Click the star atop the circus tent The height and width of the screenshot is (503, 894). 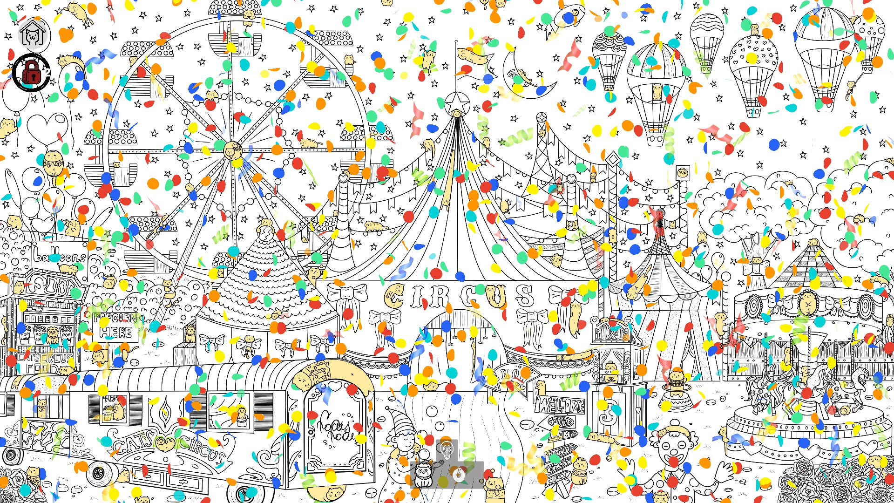click(x=456, y=102)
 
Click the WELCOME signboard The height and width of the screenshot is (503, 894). click(x=561, y=405)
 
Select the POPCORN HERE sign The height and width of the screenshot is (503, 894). click(x=116, y=326)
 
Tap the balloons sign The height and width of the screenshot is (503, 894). click(x=60, y=256)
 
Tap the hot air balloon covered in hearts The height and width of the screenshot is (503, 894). click(x=753, y=61)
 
